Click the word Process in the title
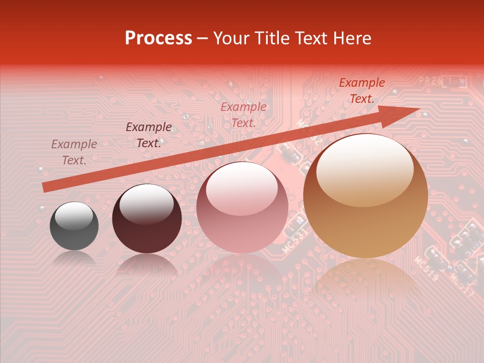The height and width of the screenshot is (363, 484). click(x=158, y=38)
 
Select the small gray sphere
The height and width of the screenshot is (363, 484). click(x=74, y=226)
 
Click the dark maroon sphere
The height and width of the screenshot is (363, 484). click(x=147, y=219)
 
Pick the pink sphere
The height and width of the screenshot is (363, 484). click(x=242, y=208)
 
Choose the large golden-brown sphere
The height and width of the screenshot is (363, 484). click(x=366, y=197)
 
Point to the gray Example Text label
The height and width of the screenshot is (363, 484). click(x=74, y=152)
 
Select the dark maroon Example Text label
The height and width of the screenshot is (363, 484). click(x=149, y=135)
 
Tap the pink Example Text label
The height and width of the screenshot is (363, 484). click(x=244, y=114)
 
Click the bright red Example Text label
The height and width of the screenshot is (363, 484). click(x=361, y=91)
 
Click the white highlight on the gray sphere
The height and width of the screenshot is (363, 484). click(x=74, y=215)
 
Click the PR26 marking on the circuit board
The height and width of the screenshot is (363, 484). click(x=430, y=81)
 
